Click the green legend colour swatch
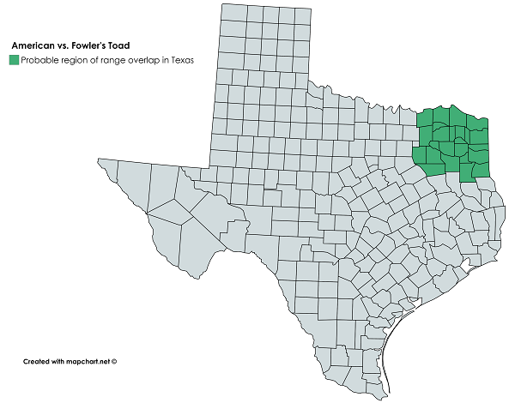click(15, 60)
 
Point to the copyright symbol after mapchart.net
click(113, 362)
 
